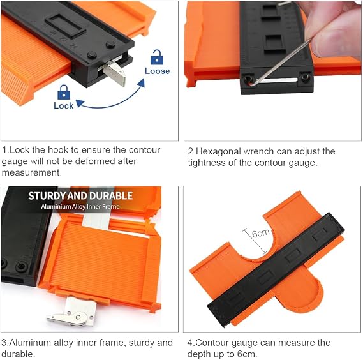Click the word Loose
(157, 71)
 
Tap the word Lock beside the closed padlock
(63, 105)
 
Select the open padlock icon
(157, 57)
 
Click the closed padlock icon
(64, 92)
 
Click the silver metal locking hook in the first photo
(114, 72)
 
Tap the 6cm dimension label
(261, 233)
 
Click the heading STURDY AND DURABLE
(80, 196)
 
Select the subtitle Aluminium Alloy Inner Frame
(80, 206)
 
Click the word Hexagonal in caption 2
(218, 151)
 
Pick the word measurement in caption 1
(32, 172)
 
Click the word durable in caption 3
(18, 354)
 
